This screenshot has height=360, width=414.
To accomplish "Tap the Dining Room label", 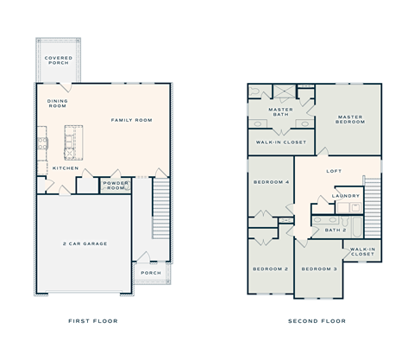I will (57, 104).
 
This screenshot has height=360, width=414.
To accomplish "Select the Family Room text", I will (131, 120).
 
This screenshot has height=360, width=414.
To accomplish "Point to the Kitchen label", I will (66, 167).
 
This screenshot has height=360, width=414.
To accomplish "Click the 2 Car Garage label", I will (83, 244).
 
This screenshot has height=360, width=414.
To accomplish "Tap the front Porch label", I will (150, 274).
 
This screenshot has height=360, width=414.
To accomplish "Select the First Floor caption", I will (92, 320).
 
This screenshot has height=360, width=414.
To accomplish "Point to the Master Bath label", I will (281, 113).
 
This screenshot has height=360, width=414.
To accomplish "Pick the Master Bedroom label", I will (350, 120).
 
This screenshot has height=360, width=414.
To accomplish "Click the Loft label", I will (334, 171).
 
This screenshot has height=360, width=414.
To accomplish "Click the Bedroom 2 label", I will (269, 268).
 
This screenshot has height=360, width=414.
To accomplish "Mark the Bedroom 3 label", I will (318, 268).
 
